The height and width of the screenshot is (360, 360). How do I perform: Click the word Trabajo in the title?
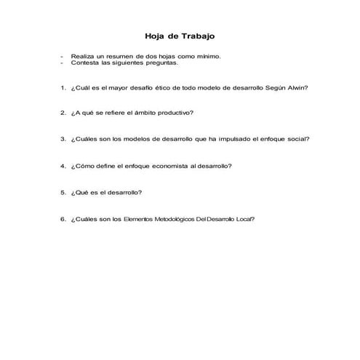[196, 36]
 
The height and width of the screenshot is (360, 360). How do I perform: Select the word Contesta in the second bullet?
[84, 63]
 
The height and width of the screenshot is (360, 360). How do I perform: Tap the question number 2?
[63, 113]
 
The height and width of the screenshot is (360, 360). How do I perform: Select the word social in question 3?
[297, 139]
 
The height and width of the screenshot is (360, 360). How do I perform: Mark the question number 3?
[63, 139]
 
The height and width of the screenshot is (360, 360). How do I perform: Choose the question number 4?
[63, 166]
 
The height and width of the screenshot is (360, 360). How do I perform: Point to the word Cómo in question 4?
[85, 166]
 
